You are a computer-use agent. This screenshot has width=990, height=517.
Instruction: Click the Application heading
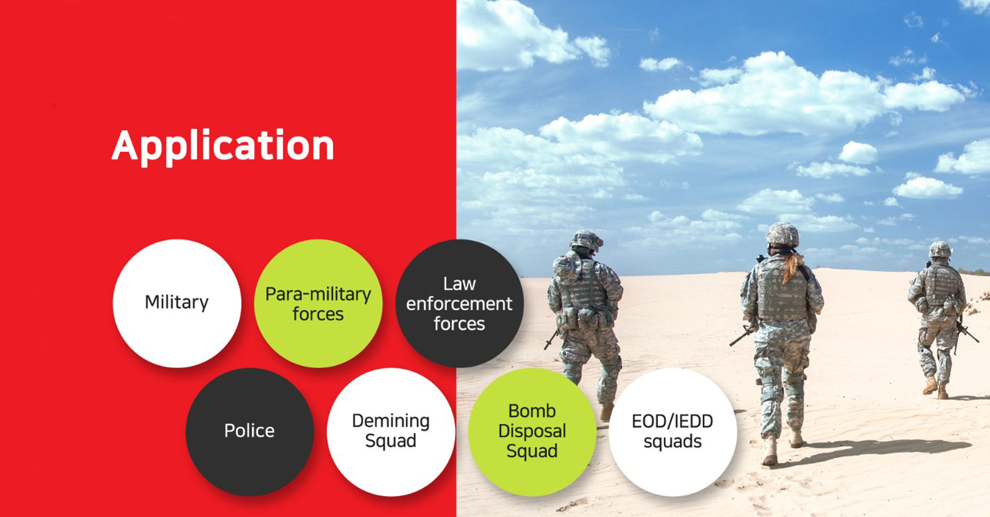pos(223,147)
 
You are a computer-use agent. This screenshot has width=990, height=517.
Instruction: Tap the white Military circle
pos(177,303)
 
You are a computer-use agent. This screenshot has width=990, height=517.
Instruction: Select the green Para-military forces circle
pos(318,303)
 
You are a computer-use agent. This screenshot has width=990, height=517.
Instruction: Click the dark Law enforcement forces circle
pos(459,303)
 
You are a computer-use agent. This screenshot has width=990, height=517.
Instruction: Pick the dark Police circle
pos(250,432)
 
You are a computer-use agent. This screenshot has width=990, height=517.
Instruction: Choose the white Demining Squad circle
pos(391,432)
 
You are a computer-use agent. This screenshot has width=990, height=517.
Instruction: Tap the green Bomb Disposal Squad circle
pos(532,432)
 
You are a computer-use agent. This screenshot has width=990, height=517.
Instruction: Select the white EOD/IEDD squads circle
pos(673,432)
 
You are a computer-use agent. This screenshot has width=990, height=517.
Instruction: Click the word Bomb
pos(532,411)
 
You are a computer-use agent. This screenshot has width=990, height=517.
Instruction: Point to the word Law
pos(459,284)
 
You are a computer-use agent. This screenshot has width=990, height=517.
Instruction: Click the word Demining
pos(391,422)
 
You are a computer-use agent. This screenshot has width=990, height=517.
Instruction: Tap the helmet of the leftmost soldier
pos(586,240)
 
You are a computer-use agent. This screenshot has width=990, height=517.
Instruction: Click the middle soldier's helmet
pos(782,234)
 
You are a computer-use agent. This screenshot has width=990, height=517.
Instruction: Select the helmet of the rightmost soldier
pos(940,250)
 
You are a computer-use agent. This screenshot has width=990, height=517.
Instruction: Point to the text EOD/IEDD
pos(672,422)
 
